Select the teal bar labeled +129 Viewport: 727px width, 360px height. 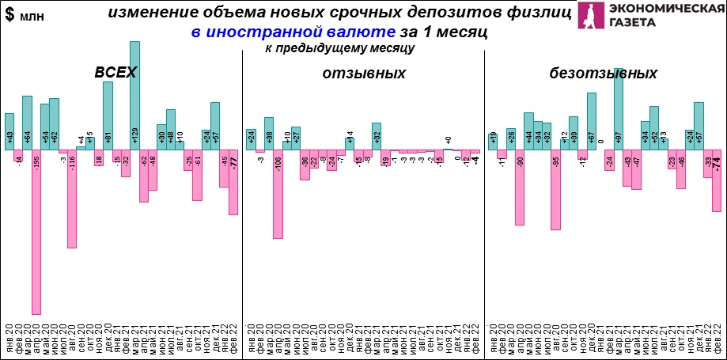tap(135, 95)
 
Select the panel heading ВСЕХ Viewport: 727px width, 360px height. tap(115, 73)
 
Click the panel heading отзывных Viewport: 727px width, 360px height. tap(364, 73)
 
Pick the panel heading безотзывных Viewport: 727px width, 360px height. tap(604, 73)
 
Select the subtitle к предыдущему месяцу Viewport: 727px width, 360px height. tap(340, 49)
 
